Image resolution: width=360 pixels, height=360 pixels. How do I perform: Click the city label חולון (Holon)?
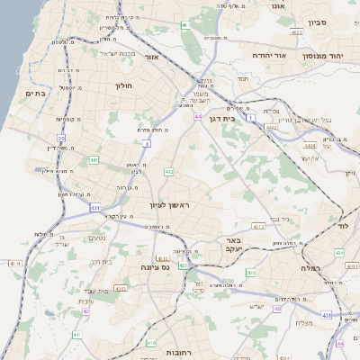pyautogui.click(x=123, y=85)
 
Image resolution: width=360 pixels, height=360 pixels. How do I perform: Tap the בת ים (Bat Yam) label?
pyautogui.click(x=36, y=92)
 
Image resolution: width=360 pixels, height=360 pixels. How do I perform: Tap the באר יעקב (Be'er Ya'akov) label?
pyautogui.click(x=233, y=246)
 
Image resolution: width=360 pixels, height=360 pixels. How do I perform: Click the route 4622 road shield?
pyautogui.click(x=297, y=33)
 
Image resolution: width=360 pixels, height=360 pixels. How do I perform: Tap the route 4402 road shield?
pyautogui.click(x=271, y=128)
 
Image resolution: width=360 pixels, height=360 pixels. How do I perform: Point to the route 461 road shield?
pyautogui.click(x=185, y=25)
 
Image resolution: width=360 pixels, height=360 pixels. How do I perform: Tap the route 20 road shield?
pyautogui.click(x=61, y=138)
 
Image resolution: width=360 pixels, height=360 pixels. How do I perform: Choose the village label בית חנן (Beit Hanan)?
pyautogui.click(x=102, y=262)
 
